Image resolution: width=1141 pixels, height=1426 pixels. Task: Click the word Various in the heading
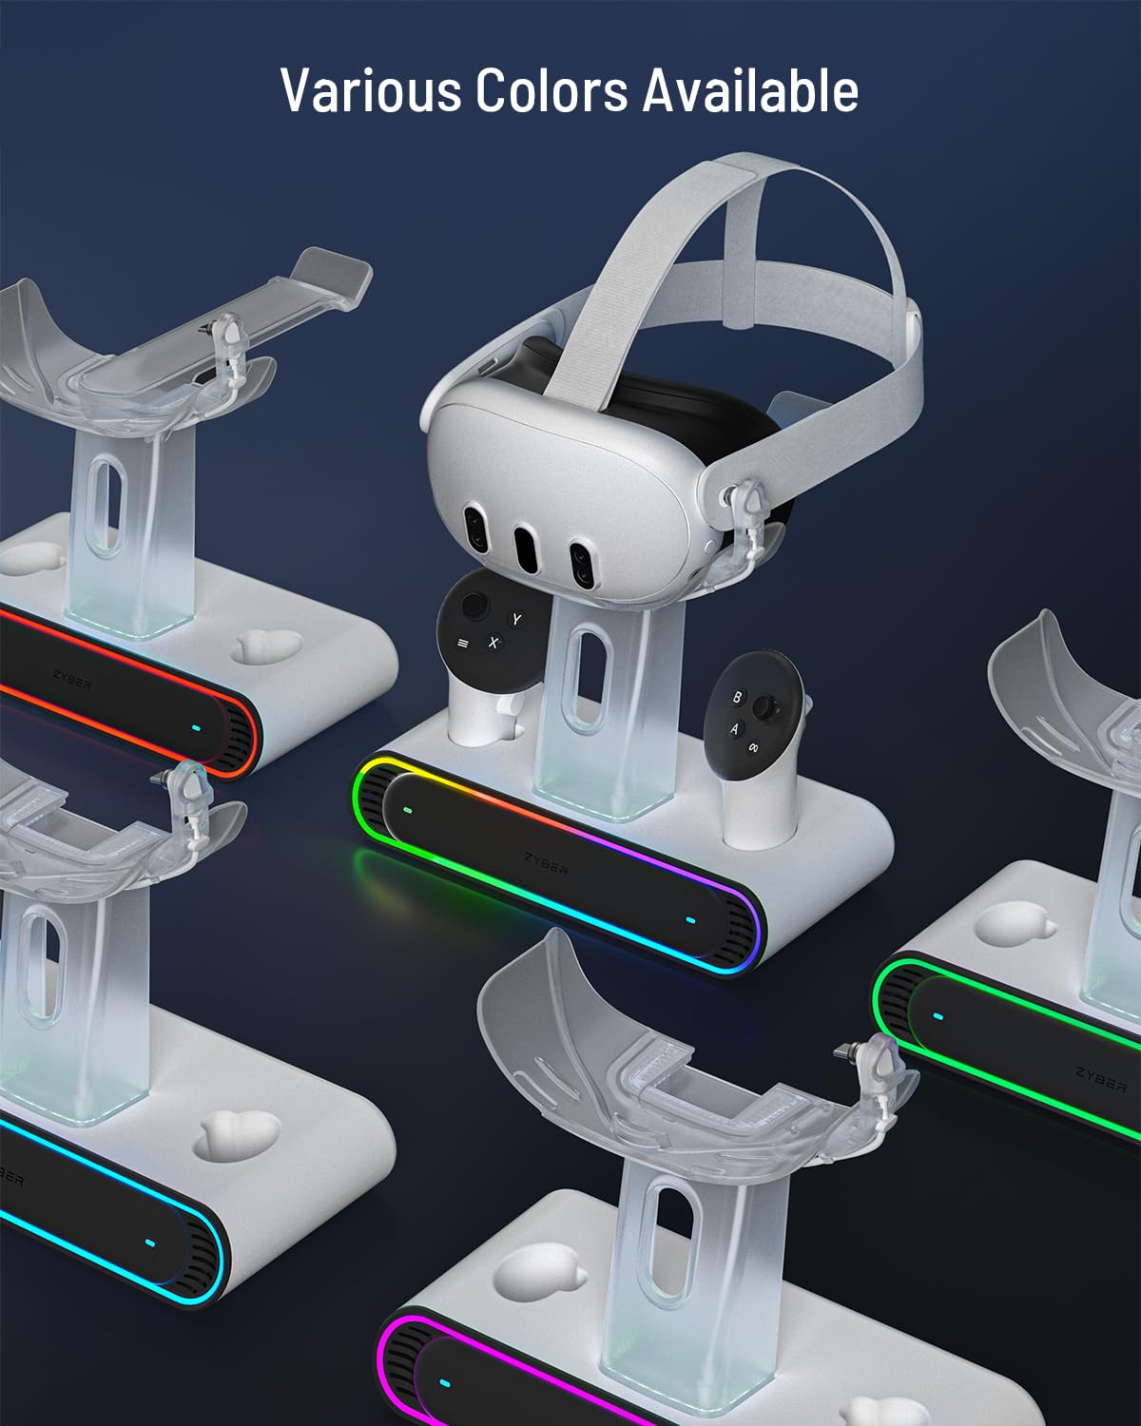pyautogui.click(x=371, y=90)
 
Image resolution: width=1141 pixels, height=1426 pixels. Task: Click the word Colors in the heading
pyautogui.click(x=551, y=90)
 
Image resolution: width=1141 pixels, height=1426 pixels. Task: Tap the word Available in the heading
pyautogui.click(x=750, y=90)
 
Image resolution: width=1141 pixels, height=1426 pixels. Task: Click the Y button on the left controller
pyautogui.click(x=515, y=620)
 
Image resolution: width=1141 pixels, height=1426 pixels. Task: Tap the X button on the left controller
pyautogui.click(x=493, y=642)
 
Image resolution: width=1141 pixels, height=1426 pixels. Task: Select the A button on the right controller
pyautogui.click(x=735, y=729)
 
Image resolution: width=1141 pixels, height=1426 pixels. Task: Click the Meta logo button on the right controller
pyautogui.click(x=753, y=747)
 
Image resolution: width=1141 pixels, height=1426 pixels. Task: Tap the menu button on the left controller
pyautogui.click(x=463, y=644)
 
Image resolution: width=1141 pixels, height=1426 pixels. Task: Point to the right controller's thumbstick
pyautogui.click(x=764, y=707)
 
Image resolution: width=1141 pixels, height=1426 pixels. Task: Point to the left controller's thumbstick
pyautogui.click(x=474, y=606)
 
